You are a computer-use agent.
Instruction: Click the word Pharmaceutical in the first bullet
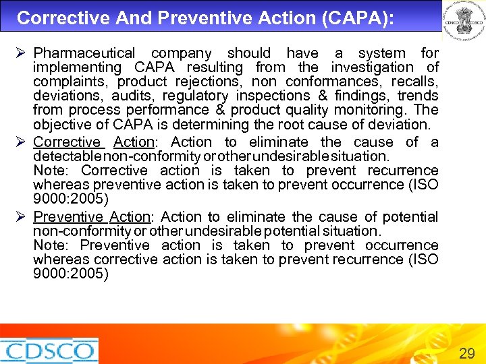click(x=84, y=53)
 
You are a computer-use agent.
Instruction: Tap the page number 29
click(x=466, y=353)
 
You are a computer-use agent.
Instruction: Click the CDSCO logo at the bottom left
click(x=49, y=351)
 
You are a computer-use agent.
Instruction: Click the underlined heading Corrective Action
click(x=94, y=142)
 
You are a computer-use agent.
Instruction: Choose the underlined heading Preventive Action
click(x=92, y=217)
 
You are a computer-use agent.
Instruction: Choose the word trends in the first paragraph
click(x=418, y=96)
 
